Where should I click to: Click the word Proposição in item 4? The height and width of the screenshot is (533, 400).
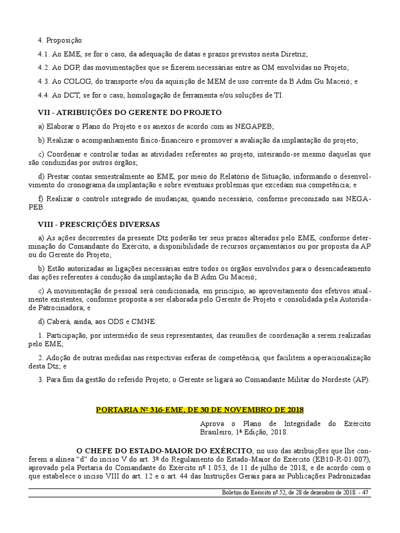[65, 40]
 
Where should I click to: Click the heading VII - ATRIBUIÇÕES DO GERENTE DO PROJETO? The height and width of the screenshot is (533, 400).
[130, 112]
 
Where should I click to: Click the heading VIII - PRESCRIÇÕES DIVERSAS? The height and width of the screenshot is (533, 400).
[99, 224]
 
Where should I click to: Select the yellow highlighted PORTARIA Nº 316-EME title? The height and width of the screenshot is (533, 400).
[199, 410]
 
